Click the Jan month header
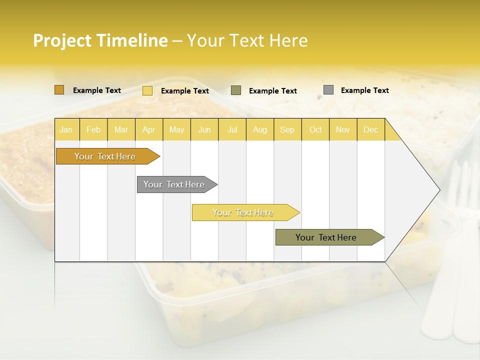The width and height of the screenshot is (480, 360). (66, 130)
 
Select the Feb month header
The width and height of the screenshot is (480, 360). (93, 130)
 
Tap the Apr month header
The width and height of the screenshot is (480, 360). (148, 130)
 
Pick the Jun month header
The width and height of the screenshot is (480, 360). (204, 130)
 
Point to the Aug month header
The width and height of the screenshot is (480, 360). (259, 130)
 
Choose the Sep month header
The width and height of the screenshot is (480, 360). (287, 130)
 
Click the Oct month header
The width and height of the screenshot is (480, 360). (315, 130)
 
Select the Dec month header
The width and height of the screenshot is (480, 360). (370, 130)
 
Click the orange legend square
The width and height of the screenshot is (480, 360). (59, 90)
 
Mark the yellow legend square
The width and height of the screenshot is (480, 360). (147, 90)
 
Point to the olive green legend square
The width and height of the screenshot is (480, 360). (236, 90)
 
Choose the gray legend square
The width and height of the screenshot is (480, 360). (328, 90)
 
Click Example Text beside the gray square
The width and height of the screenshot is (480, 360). (364, 90)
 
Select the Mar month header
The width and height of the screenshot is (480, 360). (121, 130)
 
